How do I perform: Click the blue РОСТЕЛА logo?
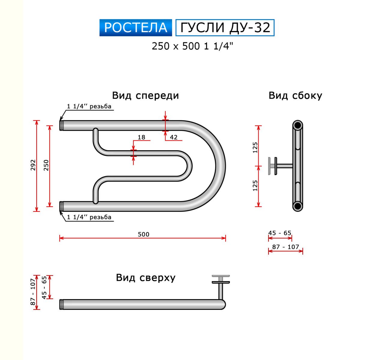coord(136,28)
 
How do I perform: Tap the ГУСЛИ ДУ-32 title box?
coord(225,28)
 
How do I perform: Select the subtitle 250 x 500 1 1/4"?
coord(192,46)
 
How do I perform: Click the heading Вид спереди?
coord(145,95)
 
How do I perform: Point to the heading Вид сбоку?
coord(295,95)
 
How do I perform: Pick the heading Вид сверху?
coord(146,277)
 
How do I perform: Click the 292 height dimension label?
coord(33,165)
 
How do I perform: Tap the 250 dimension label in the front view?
coord(46,165)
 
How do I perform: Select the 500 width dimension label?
coord(144,234)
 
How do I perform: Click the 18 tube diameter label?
coord(141,137)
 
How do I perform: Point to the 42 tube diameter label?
coord(174,137)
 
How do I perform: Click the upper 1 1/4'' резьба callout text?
coord(89,106)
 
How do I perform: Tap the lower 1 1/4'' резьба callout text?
coord(89,217)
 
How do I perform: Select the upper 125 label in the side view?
coord(255,148)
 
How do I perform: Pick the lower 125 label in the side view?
coord(255,186)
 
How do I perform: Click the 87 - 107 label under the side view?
coord(286,247)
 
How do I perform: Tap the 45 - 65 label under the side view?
coord(280,233)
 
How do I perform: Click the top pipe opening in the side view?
coord(298,126)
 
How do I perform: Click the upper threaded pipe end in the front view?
coord(62,125)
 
